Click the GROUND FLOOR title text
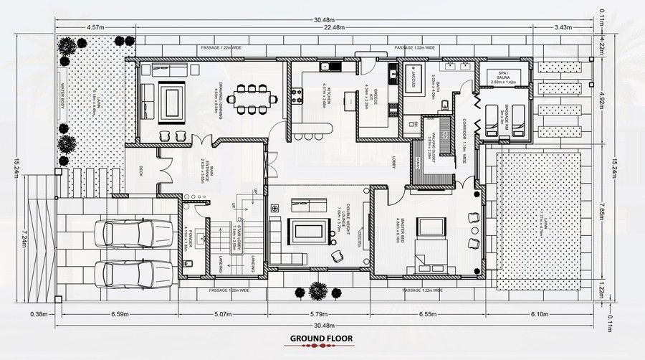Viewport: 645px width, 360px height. (321, 338)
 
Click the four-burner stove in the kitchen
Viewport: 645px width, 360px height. (296, 95)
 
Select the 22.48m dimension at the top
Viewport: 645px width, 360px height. (331, 28)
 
